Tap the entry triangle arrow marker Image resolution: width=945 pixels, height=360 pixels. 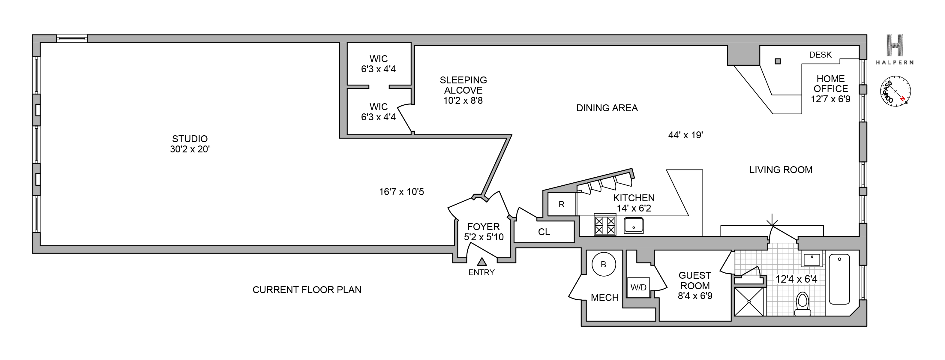[x=482, y=262]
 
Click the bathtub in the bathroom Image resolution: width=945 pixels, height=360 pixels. [x=839, y=279]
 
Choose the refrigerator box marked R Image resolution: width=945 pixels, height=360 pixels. [x=562, y=204]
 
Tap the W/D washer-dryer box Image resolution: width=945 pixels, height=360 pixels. [x=639, y=287]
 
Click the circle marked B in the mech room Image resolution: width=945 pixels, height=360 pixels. [x=604, y=264]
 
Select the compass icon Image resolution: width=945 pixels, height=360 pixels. [x=895, y=91]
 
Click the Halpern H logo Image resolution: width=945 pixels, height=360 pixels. [x=894, y=46]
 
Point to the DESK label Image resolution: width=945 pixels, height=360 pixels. [x=820, y=55]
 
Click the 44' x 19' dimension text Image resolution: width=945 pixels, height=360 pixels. [x=685, y=135]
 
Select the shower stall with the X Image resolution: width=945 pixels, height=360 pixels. [x=749, y=301]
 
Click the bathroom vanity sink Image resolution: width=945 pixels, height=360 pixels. [x=812, y=260]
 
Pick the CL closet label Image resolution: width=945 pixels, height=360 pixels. [x=544, y=232]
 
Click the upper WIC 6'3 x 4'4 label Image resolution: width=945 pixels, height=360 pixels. [x=379, y=64]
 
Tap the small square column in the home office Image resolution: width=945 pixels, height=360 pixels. [x=778, y=61]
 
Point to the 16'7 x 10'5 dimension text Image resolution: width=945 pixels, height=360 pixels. [x=401, y=192]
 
